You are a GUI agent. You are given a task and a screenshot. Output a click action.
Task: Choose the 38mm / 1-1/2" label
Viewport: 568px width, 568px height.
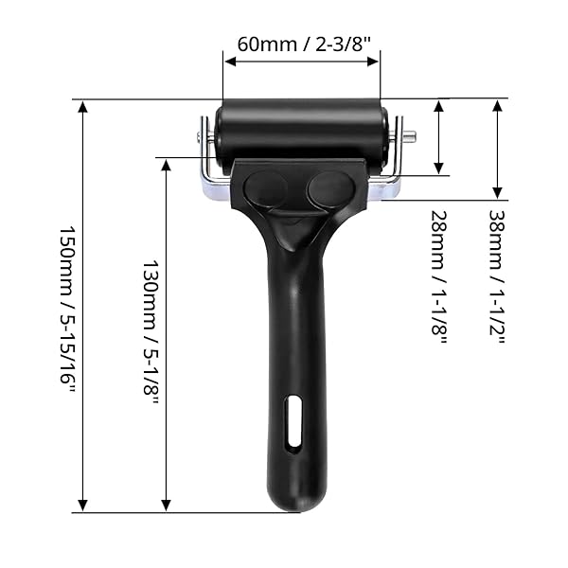495,275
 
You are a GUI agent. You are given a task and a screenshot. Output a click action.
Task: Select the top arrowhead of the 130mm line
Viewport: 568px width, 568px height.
167,166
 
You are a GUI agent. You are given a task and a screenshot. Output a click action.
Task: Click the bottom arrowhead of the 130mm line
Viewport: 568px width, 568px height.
167,506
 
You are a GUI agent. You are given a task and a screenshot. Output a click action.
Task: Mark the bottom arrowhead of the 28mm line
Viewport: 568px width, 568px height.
439,168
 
